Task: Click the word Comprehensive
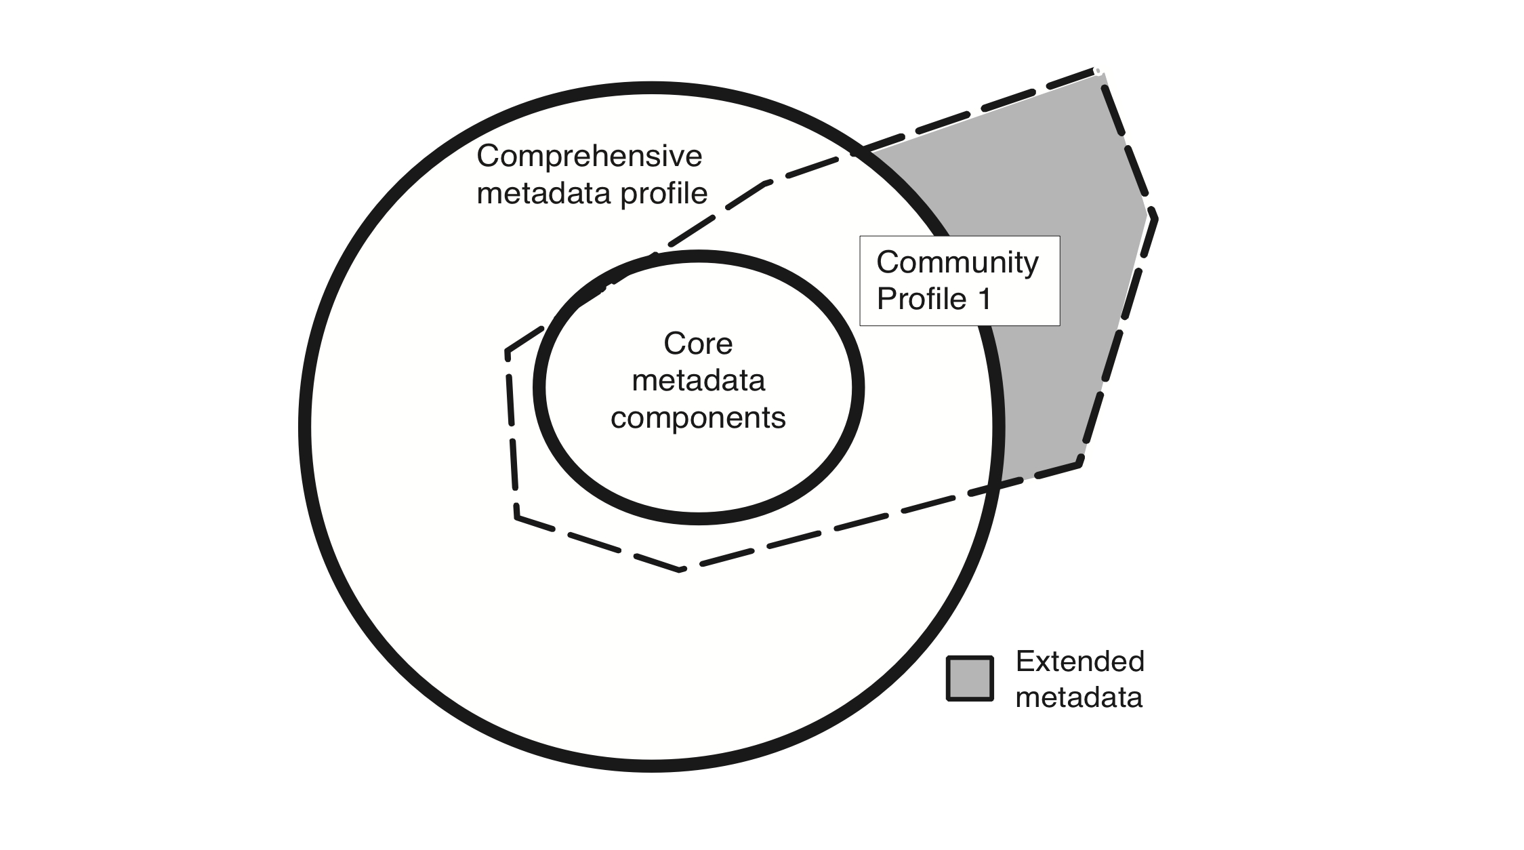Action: tap(589, 157)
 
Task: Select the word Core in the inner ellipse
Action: tap(698, 344)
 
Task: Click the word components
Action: tap(698, 418)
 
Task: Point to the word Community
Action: tap(957, 263)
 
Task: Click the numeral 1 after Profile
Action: tap(985, 299)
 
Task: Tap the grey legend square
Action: tap(970, 679)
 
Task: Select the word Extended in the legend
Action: tap(1080, 661)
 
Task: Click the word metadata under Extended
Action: tap(1079, 697)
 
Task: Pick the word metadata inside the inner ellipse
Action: tap(698, 380)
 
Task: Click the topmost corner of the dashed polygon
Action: tap(1096, 70)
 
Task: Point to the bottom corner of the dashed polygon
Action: tap(681, 570)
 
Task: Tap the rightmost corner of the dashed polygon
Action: tap(1154, 217)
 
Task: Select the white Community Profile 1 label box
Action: tap(960, 281)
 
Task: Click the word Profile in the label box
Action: tap(922, 300)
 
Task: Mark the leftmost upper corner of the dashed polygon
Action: tap(507, 352)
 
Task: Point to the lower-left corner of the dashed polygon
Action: tap(517, 517)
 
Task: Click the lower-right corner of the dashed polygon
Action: tap(1080, 462)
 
